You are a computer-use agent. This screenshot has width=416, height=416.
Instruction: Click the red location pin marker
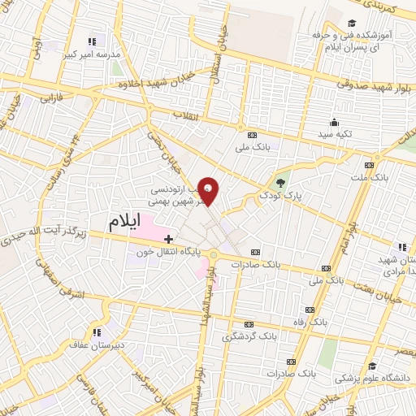[210, 192]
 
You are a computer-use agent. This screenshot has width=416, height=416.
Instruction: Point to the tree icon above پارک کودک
[281, 182]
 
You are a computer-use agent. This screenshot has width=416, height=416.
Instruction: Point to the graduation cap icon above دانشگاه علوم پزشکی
[371, 366]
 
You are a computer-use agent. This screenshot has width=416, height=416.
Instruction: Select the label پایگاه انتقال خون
[169, 253]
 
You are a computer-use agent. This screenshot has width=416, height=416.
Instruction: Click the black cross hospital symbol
[168, 239]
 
